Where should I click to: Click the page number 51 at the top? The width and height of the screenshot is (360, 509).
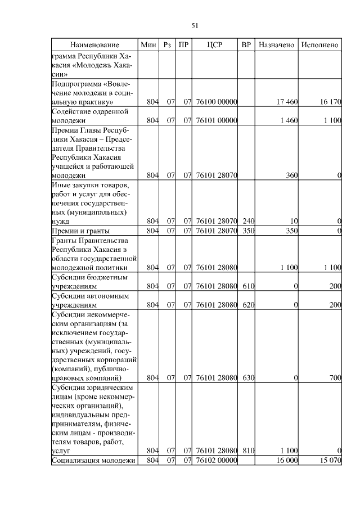click(x=195, y=25)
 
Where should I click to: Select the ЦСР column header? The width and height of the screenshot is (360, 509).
click(x=216, y=44)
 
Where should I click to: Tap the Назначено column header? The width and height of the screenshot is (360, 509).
click(x=276, y=44)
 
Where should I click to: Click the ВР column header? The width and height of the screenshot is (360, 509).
click(x=246, y=44)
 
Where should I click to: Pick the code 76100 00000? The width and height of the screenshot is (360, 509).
click(x=216, y=102)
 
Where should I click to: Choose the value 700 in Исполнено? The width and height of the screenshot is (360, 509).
click(x=335, y=378)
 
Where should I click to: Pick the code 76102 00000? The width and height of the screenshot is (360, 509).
click(x=216, y=461)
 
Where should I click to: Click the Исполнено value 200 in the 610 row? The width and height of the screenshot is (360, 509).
click(x=335, y=286)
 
